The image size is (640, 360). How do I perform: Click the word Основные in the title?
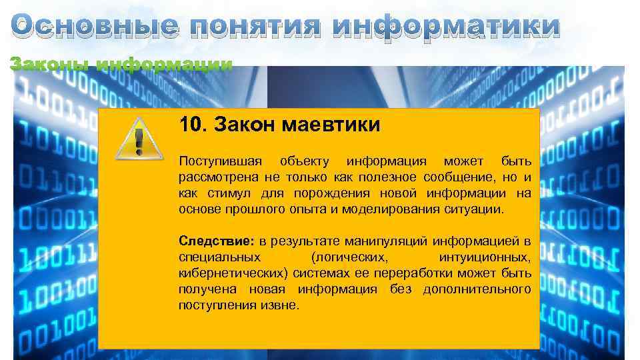95,27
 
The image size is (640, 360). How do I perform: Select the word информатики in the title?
445,27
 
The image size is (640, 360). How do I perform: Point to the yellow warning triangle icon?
138,139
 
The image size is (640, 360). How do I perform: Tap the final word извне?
285,305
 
